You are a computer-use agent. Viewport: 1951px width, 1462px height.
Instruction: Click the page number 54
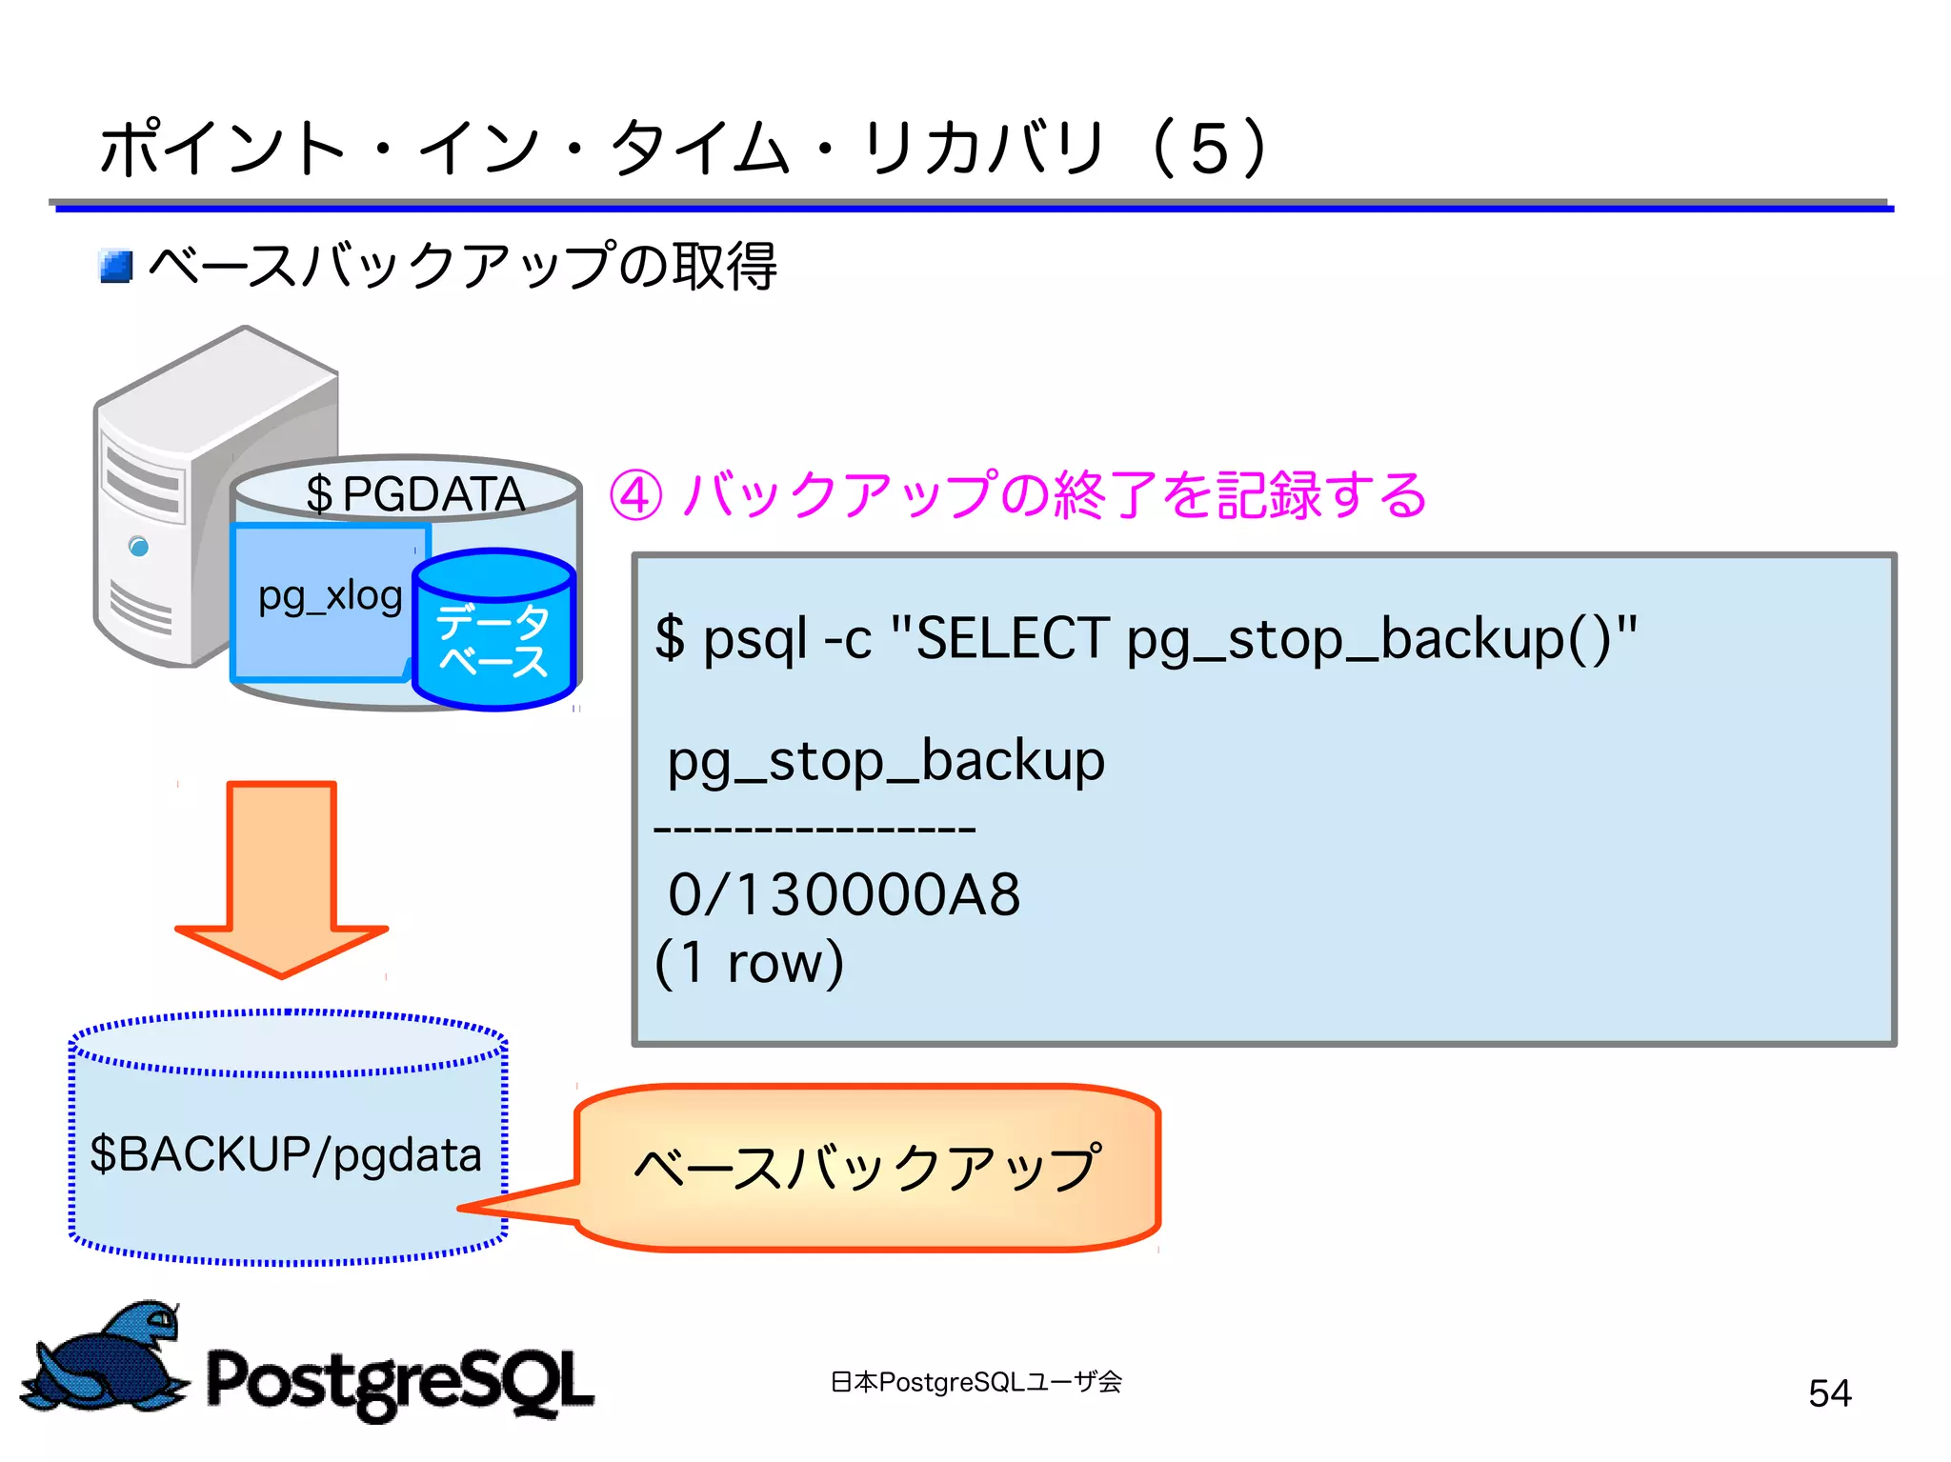click(x=1829, y=1392)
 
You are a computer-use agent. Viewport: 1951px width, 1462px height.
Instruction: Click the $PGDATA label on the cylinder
click(x=414, y=493)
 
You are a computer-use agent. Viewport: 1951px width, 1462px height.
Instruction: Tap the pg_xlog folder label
click(x=330, y=597)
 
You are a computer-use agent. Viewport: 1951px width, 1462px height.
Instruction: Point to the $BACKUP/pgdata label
click(x=286, y=1154)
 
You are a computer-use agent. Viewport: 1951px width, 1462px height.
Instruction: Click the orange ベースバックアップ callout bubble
click(x=867, y=1167)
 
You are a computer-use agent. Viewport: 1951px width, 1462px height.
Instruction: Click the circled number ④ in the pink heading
click(x=635, y=495)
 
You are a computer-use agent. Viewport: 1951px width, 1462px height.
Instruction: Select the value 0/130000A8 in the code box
click(x=844, y=894)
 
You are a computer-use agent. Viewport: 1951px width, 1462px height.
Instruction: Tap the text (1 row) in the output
click(x=750, y=962)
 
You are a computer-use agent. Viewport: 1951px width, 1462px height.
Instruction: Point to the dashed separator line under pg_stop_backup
click(x=815, y=830)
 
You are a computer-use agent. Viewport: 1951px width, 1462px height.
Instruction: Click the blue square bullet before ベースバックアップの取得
click(x=116, y=266)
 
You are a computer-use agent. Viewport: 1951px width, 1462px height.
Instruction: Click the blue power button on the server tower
click(x=139, y=547)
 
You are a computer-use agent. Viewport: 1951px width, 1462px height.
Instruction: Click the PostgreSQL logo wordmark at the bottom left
click(x=400, y=1381)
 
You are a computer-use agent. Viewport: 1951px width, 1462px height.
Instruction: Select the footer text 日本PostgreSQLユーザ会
click(x=975, y=1381)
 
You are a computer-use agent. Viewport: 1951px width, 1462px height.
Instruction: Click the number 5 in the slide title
click(x=1209, y=150)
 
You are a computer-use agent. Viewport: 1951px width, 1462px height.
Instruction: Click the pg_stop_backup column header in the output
click(x=886, y=761)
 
